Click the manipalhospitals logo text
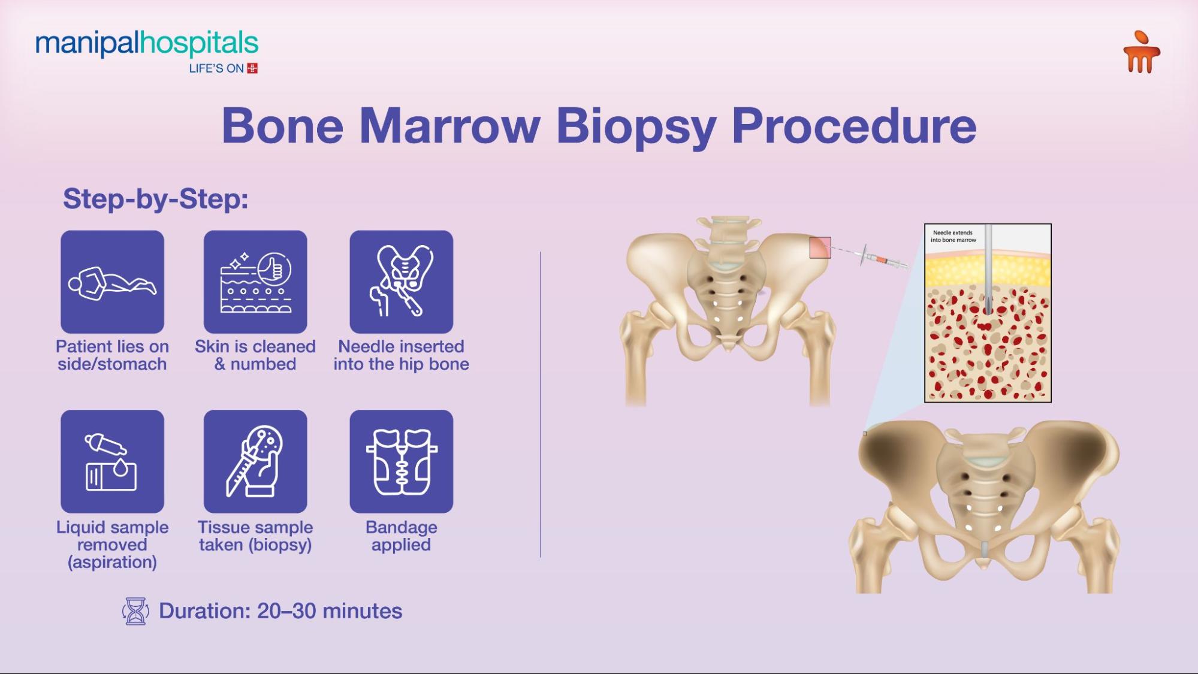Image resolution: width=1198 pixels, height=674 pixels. coord(147,44)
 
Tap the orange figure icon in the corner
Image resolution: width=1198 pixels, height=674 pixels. coord(1142,52)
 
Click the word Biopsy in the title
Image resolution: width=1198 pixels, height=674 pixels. coord(636,127)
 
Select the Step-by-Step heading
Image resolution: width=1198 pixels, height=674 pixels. coord(156,199)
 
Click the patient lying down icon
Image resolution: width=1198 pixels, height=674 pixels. coord(112,282)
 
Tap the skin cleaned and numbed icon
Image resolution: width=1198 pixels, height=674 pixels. coord(255,282)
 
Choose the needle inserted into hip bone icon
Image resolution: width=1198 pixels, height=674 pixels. coord(402,282)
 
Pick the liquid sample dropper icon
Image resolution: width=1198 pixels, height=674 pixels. coord(112,461)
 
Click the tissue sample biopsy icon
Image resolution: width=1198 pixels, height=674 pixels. coord(255,461)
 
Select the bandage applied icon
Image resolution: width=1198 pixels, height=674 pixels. coord(402,461)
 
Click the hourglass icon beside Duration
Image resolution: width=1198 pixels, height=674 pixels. coord(135,611)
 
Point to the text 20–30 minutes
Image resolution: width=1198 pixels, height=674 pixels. coord(330,611)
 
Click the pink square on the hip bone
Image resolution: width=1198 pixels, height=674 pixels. coord(820,247)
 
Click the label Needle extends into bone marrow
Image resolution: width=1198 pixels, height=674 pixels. coord(953,236)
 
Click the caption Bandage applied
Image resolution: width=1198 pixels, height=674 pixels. coord(402,536)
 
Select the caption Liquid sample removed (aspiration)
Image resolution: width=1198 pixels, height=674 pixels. coord(112,545)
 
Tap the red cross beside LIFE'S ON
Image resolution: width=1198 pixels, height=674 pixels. coord(252,68)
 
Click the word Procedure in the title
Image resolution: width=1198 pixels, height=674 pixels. coord(854,126)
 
